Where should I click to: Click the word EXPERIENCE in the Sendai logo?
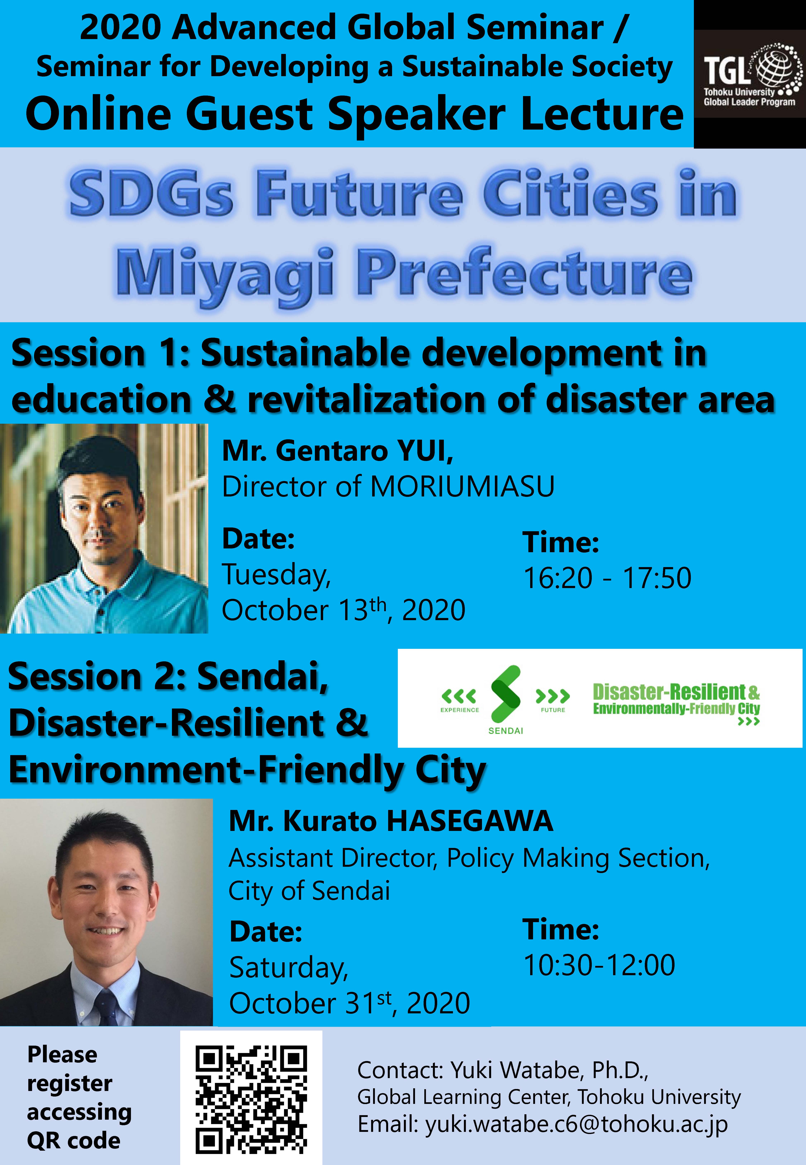(460, 710)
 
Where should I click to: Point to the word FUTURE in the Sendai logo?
(553, 710)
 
